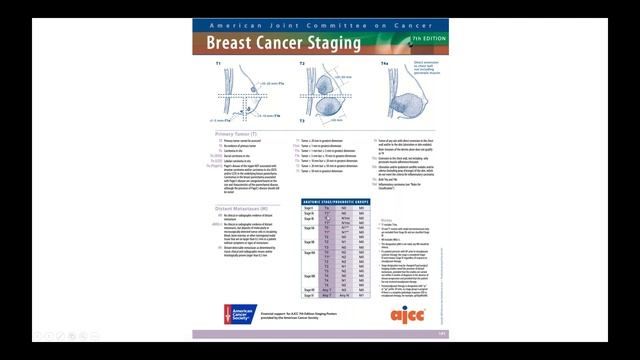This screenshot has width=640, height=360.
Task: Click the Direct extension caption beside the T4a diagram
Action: coord(425,68)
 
